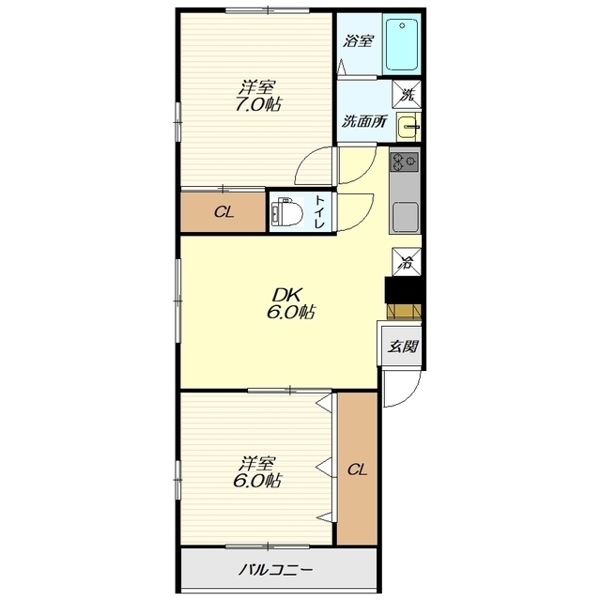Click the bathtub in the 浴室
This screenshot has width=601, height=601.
pyautogui.click(x=402, y=44)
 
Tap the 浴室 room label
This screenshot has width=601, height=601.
pyautogui.click(x=358, y=40)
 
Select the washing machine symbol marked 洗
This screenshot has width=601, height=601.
pyautogui.click(x=407, y=94)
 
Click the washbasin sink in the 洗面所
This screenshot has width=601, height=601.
pyautogui.click(x=408, y=126)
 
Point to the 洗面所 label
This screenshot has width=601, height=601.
pyautogui.click(x=363, y=121)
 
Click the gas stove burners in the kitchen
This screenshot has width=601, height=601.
pyautogui.click(x=404, y=162)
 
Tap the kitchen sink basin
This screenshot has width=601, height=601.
pyautogui.click(x=405, y=215)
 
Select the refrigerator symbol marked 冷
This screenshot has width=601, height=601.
pyautogui.click(x=407, y=262)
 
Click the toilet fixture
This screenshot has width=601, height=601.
pyautogui.click(x=285, y=212)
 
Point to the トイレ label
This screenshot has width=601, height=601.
pyautogui.click(x=319, y=212)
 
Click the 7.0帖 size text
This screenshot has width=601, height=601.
pyautogui.click(x=257, y=104)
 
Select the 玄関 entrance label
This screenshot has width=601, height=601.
pyautogui.click(x=402, y=347)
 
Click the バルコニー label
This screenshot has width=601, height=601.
pyautogui.click(x=275, y=570)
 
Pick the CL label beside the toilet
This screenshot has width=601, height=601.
pyautogui.click(x=223, y=212)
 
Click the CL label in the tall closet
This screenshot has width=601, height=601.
pyautogui.click(x=357, y=470)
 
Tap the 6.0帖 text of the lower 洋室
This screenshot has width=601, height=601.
pyautogui.click(x=257, y=480)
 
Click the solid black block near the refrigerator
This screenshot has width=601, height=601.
pyautogui.click(x=403, y=290)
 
